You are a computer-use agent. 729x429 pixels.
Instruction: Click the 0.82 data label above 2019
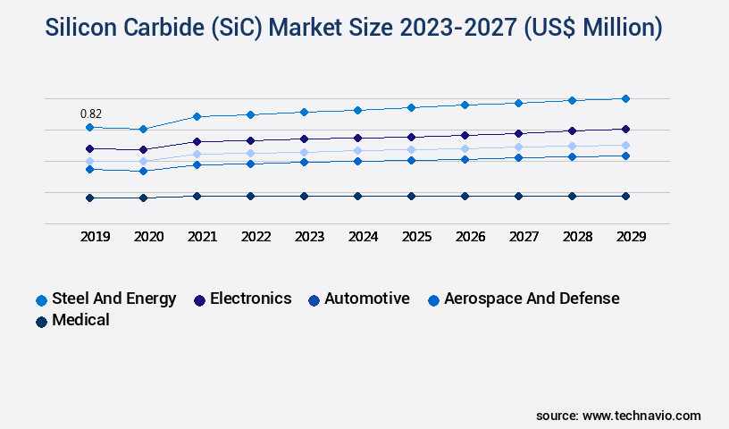click(91, 114)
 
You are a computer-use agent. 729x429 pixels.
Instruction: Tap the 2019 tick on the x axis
click(96, 237)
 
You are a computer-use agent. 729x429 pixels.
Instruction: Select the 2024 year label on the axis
click(364, 237)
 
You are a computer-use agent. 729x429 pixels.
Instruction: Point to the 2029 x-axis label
click(630, 237)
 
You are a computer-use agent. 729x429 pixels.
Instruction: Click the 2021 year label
click(202, 237)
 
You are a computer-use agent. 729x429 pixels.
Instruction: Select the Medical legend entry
click(80, 320)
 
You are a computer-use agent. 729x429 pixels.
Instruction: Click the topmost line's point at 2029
click(625, 98)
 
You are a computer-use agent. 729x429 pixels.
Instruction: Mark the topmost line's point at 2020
click(143, 129)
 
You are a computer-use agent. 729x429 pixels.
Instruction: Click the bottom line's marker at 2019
click(89, 198)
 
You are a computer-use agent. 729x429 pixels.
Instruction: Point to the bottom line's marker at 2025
click(411, 196)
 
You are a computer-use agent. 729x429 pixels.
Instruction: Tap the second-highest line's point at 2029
click(625, 129)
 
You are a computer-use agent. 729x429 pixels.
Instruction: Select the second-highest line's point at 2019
click(89, 148)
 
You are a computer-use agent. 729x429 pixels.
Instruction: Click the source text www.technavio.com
click(641, 416)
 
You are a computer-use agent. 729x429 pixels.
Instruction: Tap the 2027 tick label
click(524, 237)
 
